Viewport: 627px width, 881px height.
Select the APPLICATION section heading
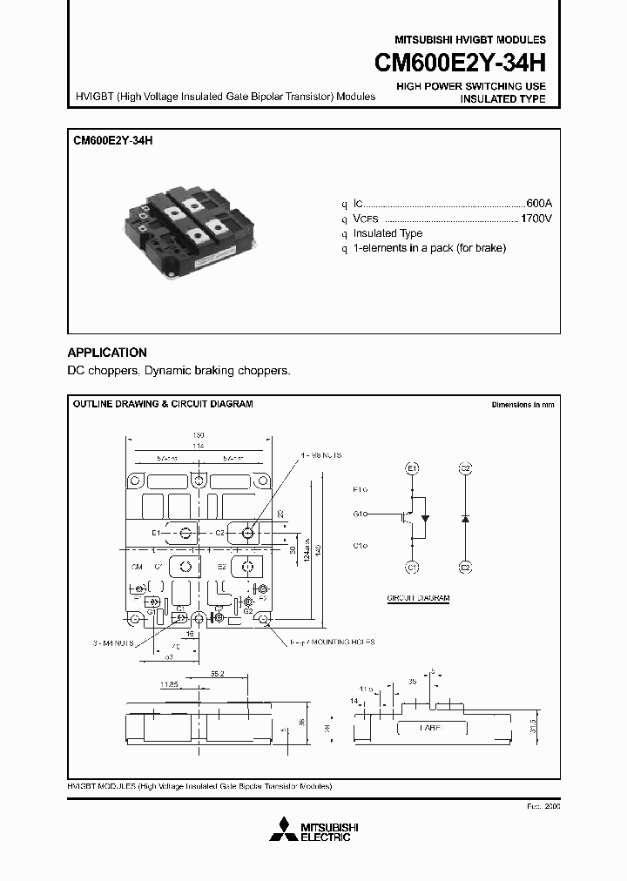(107, 353)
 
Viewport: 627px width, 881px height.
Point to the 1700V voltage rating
(536, 219)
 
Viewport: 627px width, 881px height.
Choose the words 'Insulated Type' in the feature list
(388, 233)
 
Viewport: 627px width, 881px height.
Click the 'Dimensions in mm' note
(522, 405)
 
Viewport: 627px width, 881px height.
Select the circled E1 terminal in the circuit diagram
(414, 468)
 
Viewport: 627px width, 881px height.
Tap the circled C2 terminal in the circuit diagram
(465, 468)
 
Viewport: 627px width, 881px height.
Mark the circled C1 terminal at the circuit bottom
(414, 567)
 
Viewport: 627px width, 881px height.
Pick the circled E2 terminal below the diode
(465, 567)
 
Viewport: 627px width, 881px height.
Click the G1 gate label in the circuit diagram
(359, 514)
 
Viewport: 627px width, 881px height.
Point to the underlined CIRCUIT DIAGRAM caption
(418, 599)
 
